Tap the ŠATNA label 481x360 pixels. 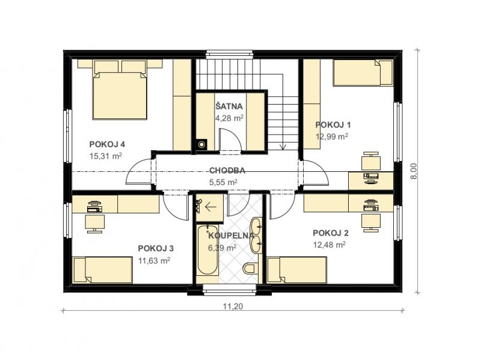coord(229,106)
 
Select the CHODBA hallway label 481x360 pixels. coord(227,171)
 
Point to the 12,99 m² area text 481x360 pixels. coord(332,136)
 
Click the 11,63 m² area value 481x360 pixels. coord(155,260)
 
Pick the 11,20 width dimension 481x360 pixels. coord(233,306)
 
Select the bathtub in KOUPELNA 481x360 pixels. coord(207,250)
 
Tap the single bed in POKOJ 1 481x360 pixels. coord(363,72)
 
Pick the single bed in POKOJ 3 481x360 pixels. coord(102,270)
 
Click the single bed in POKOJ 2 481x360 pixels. coord(297,270)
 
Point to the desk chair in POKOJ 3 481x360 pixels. coord(95,223)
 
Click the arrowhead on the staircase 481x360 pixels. coord(283,147)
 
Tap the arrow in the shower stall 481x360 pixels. coord(211,207)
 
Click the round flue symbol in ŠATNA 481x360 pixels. coord(201,144)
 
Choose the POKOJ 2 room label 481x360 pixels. coord(331,233)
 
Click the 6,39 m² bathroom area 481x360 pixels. coord(222,248)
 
